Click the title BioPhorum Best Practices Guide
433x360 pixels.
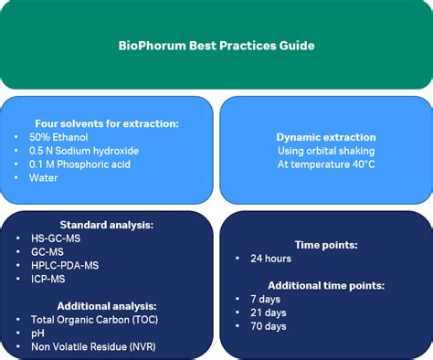coord(216,44)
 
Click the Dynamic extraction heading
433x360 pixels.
coord(326,137)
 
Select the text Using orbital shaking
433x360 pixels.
coord(326,151)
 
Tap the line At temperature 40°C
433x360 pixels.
coord(326,164)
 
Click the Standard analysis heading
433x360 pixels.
coord(107,224)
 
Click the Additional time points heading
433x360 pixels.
coord(326,285)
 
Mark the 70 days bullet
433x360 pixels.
coord(266,326)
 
